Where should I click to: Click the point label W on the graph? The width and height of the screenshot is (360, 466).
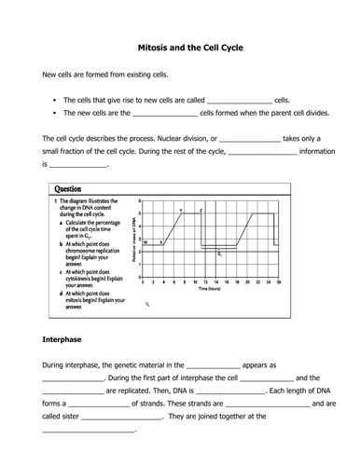145,241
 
